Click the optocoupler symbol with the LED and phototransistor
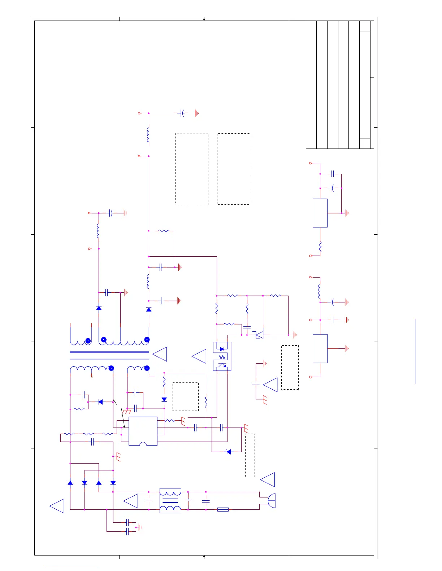tap(222, 356)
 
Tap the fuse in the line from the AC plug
tap(223, 509)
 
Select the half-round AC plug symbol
tap(271, 501)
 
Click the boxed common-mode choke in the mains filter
tap(170, 501)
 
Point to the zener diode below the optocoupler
tap(228, 452)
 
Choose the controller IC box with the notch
tap(143, 431)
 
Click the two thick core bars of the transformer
tap(109, 355)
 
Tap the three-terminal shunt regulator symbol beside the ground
tap(259, 335)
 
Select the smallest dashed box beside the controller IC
tap(186, 397)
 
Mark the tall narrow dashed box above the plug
tap(250, 455)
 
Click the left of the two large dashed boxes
tap(192, 169)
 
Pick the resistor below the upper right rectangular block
tap(320, 247)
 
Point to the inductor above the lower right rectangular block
tap(320, 291)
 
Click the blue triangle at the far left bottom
tap(57, 506)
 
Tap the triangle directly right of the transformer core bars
tap(160, 354)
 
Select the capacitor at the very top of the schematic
tap(182, 113)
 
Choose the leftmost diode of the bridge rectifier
tap(70, 483)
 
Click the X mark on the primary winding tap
tap(92, 377)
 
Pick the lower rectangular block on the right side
tap(320, 348)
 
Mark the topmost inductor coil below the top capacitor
tap(148, 134)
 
